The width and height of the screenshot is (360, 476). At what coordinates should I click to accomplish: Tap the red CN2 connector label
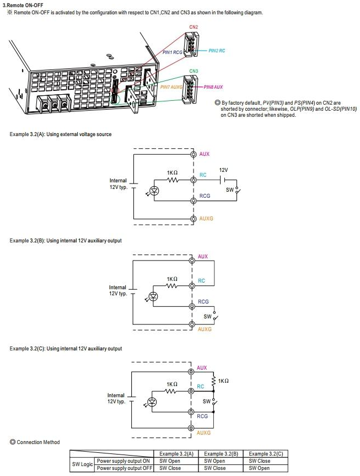click(194, 27)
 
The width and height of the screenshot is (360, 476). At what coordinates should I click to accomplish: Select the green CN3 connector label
click(194, 71)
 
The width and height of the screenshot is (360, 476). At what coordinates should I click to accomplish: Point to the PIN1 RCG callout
click(172, 52)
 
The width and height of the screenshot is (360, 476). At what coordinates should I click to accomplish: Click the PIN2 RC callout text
click(217, 51)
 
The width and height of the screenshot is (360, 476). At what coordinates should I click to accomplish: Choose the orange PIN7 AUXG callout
click(171, 87)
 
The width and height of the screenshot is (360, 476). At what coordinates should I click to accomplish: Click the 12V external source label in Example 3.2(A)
click(223, 170)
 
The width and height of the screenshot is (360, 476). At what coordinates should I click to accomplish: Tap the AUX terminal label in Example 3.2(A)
click(205, 154)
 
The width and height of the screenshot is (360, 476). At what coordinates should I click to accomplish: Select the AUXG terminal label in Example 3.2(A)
click(207, 219)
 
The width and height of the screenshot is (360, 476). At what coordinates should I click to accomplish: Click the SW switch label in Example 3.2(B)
click(207, 316)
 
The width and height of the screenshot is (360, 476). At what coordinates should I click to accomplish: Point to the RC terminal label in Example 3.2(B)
click(201, 281)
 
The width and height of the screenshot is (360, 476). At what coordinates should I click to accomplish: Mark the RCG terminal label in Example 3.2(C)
click(202, 416)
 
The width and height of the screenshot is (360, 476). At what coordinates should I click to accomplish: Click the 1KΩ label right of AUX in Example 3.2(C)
click(223, 381)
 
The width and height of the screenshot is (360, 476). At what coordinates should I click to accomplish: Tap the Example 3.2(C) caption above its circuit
click(66, 349)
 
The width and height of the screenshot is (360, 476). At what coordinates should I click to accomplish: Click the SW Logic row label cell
click(82, 464)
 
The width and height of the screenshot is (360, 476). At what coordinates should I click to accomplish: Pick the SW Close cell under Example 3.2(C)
click(259, 461)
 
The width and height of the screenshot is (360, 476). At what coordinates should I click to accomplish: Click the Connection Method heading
click(38, 442)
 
